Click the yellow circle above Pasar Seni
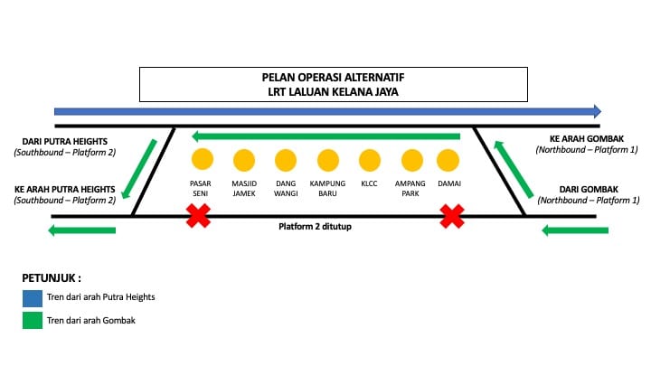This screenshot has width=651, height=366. (202, 161)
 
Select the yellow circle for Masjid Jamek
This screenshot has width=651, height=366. (244, 161)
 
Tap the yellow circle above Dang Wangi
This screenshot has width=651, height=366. (286, 161)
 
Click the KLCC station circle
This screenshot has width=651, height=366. (369, 161)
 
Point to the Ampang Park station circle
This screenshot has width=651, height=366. (411, 161)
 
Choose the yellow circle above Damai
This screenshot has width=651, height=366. (448, 161)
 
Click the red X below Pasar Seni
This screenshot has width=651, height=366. (198, 216)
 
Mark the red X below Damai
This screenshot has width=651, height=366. (452, 216)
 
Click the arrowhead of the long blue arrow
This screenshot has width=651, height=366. (596, 111)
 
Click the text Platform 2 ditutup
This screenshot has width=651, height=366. (314, 226)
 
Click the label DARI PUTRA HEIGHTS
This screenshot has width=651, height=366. (65, 141)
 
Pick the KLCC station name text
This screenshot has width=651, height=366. (369, 183)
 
